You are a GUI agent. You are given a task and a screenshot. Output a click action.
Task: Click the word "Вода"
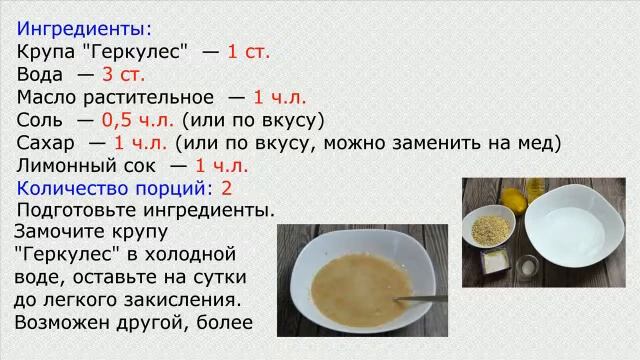[x=41, y=74]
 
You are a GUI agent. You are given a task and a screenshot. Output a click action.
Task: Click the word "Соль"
[x=39, y=120]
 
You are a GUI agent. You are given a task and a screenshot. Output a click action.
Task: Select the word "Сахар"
[x=45, y=143]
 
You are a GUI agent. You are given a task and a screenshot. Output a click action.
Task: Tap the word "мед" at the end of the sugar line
[x=541, y=143]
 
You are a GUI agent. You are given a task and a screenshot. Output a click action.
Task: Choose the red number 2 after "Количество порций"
[x=227, y=188]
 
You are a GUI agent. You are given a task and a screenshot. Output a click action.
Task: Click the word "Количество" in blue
[x=71, y=188]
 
